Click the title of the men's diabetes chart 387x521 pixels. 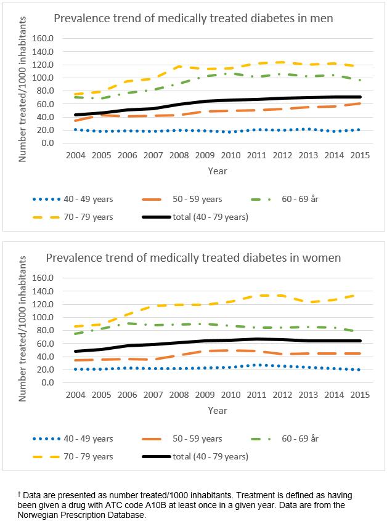coord(193,18)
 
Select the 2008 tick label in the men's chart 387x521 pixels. coord(180,155)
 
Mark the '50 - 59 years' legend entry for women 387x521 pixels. coord(196,438)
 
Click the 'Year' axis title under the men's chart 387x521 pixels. coord(218,171)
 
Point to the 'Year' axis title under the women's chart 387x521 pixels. coord(218,410)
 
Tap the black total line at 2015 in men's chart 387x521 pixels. coord(361,97)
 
